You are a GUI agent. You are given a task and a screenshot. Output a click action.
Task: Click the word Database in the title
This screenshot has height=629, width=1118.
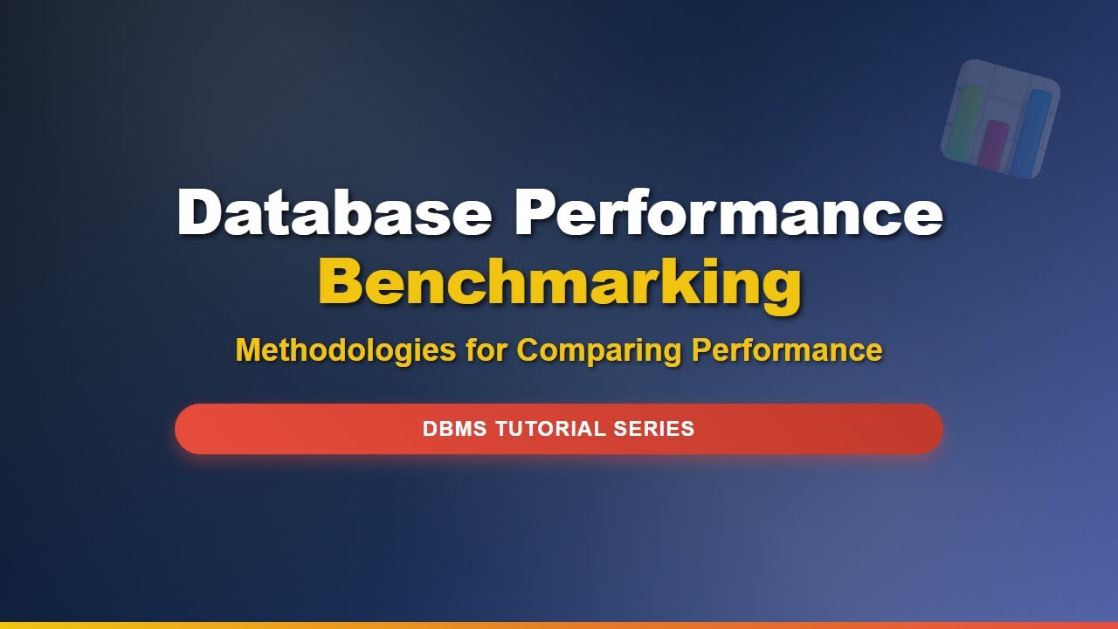pos(334,212)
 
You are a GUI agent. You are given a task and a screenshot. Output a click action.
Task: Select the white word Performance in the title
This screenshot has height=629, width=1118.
pos(729,212)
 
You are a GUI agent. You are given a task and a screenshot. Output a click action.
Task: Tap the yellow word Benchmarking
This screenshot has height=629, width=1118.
pos(559,283)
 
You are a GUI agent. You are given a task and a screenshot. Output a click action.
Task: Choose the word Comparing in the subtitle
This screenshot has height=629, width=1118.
pos(599,350)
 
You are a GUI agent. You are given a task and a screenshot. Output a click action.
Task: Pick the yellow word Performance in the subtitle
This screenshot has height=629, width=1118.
pos(787,350)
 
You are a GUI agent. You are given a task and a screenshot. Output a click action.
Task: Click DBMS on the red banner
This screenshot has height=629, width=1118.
pos(454,429)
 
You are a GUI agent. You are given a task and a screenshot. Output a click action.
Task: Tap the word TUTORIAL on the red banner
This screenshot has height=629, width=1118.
pos(550,429)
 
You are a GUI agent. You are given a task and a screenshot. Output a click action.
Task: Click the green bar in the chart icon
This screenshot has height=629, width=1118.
pos(965,122)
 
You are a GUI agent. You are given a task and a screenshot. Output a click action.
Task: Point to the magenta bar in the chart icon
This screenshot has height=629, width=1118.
pos(993,145)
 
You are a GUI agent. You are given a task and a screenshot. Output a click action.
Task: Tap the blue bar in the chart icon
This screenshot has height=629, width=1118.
pos(1032,131)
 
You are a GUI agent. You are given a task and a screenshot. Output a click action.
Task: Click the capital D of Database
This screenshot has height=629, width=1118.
pos(200,212)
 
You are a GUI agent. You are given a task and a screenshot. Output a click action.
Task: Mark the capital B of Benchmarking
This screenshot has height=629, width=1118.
pos(343,281)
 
